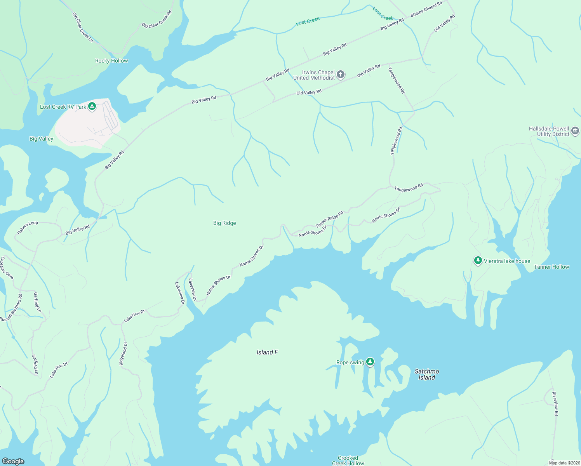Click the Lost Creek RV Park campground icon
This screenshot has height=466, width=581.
point(92,106)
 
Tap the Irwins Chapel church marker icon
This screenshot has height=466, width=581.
point(341,75)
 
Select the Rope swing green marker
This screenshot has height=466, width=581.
point(370,362)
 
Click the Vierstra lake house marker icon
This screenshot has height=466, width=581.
point(478,261)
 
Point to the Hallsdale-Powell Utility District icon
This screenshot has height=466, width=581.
point(575,131)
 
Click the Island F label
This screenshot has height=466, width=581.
point(267,352)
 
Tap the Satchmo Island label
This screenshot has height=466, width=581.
point(426,374)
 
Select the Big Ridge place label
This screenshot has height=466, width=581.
point(224,223)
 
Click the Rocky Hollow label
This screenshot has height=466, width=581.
point(111,61)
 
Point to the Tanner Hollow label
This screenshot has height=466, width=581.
point(551,267)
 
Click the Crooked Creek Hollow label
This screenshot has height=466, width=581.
point(348,461)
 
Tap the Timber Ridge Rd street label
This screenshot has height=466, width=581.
point(329,219)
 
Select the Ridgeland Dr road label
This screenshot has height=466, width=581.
point(123,353)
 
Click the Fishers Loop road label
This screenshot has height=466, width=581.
point(28,228)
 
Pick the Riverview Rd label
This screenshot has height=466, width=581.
point(555,404)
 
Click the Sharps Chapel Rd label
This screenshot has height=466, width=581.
point(426,9)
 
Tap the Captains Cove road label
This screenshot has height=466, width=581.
point(7,268)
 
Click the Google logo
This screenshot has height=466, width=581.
point(13,461)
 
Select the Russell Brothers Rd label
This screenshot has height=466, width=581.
point(11,308)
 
